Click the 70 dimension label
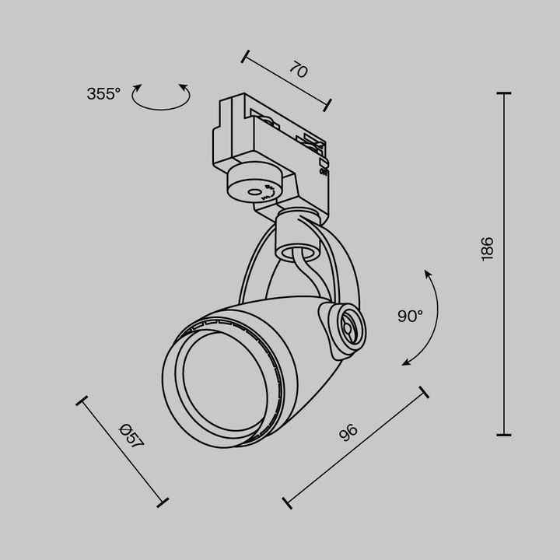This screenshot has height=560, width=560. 299,71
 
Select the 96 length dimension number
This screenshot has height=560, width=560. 348,432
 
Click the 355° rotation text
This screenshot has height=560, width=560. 103,94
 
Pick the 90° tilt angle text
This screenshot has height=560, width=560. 410,316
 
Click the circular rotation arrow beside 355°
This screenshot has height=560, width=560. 162,97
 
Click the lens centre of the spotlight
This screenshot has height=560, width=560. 217,380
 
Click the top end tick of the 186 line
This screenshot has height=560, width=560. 503,93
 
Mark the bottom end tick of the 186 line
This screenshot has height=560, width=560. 503,434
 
